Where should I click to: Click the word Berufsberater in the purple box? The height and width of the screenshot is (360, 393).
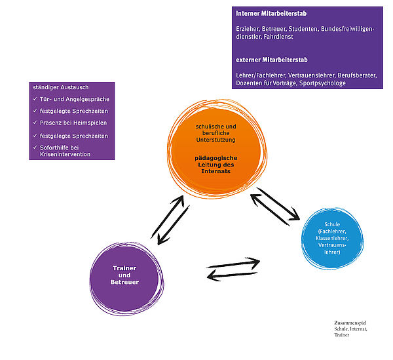[x=355, y=76]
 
